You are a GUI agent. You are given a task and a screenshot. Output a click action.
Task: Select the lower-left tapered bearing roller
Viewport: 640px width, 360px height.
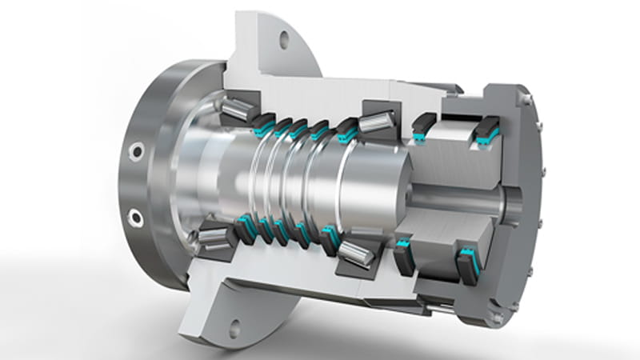click(x=211, y=235)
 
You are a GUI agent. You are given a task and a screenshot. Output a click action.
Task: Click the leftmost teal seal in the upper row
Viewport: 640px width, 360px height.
click(x=261, y=126)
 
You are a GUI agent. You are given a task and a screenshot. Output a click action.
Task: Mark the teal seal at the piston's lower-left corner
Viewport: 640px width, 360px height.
click(x=402, y=245)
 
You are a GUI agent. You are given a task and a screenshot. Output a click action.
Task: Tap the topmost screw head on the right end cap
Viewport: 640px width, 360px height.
click(x=527, y=100)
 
